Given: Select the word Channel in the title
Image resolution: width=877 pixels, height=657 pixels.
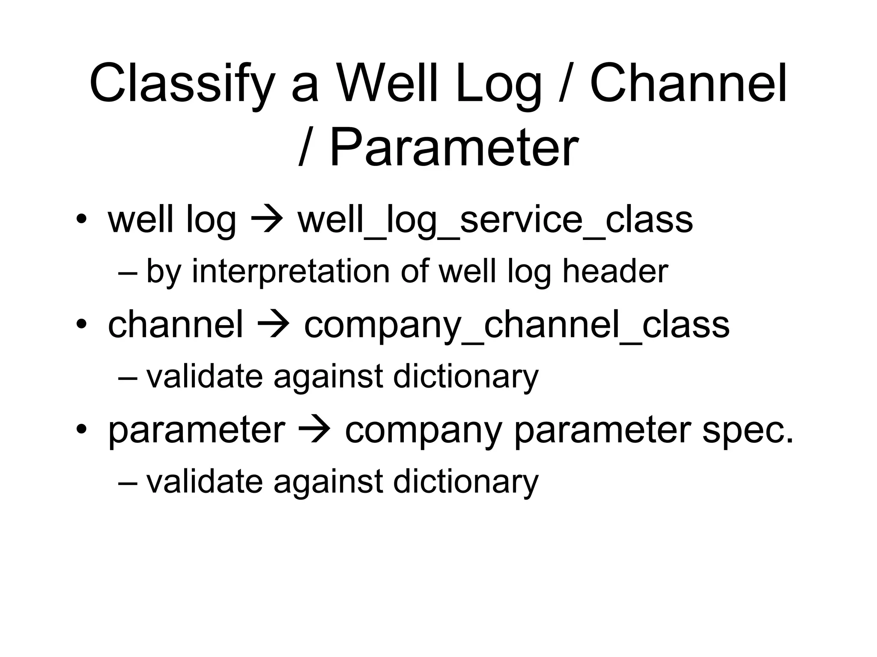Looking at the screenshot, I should pyautogui.click(x=689, y=83).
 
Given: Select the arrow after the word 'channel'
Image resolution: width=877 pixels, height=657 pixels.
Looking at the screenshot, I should pyautogui.click(x=273, y=326).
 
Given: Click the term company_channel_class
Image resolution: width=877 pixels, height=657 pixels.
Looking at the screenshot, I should pyautogui.click(x=516, y=326).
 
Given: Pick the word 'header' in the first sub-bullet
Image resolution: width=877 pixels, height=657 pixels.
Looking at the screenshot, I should pyautogui.click(x=615, y=271).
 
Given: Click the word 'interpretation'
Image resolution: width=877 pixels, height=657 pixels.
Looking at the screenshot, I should pyautogui.click(x=291, y=271).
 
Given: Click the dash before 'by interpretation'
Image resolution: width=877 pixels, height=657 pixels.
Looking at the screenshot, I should pyautogui.click(x=128, y=272).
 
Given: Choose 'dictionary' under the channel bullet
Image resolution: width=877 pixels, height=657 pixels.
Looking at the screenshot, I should pyautogui.click(x=465, y=376).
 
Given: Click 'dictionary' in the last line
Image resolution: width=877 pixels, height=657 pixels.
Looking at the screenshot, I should pyautogui.click(x=465, y=482).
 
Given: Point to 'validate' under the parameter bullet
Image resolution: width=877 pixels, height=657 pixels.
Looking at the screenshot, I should pyautogui.click(x=204, y=482).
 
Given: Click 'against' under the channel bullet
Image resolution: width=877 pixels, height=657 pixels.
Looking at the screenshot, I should pyautogui.click(x=328, y=376).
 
